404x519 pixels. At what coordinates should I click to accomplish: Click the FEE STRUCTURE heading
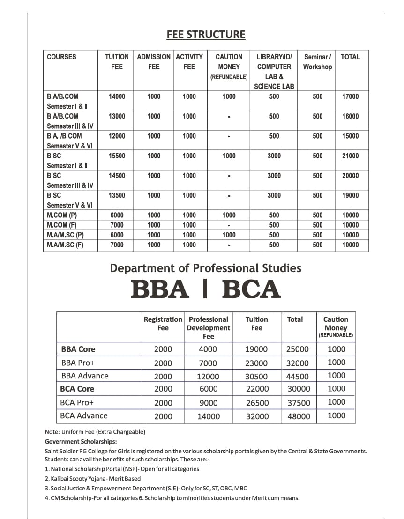click(x=206, y=35)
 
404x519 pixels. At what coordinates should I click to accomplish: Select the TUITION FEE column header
click(x=117, y=62)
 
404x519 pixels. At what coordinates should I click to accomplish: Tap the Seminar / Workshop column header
click(x=317, y=62)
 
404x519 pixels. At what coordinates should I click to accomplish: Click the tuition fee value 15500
click(x=117, y=156)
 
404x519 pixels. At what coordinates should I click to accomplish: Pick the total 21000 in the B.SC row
click(x=351, y=156)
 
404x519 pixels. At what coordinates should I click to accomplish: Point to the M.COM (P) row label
click(x=62, y=215)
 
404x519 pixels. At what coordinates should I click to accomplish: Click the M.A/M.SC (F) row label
click(x=65, y=245)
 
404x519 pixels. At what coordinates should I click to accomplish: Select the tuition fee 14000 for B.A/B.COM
click(x=117, y=96)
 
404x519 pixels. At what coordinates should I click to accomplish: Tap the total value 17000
click(x=351, y=96)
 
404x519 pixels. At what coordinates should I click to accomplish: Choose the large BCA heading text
click(x=251, y=289)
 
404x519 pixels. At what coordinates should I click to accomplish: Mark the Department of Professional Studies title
click(x=206, y=268)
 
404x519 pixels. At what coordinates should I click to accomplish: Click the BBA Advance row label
click(x=84, y=376)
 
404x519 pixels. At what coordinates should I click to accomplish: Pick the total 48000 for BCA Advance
click(x=299, y=416)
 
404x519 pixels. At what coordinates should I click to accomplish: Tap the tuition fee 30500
click(x=257, y=376)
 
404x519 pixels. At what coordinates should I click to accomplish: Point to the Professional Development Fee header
click(x=208, y=327)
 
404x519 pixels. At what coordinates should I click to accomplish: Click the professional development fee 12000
click(x=208, y=376)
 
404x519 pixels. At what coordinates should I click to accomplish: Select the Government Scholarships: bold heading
click(x=81, y=441)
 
